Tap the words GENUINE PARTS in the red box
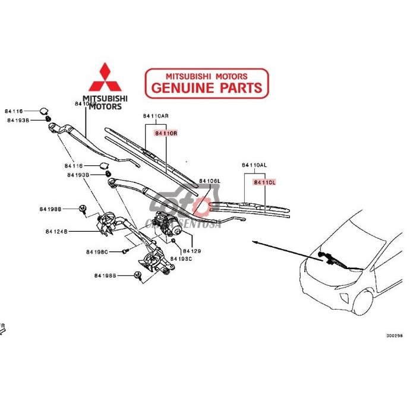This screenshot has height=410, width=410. (207, 88)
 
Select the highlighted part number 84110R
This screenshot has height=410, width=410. (166, 134)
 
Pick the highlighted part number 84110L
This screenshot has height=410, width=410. (264, 182)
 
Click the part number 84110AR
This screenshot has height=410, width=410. (155, 116)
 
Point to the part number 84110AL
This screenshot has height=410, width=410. (254, 165)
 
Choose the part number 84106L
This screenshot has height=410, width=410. (210, 181)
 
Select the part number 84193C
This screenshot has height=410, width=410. (181, 259)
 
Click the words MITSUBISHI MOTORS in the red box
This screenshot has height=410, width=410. (207, 76)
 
